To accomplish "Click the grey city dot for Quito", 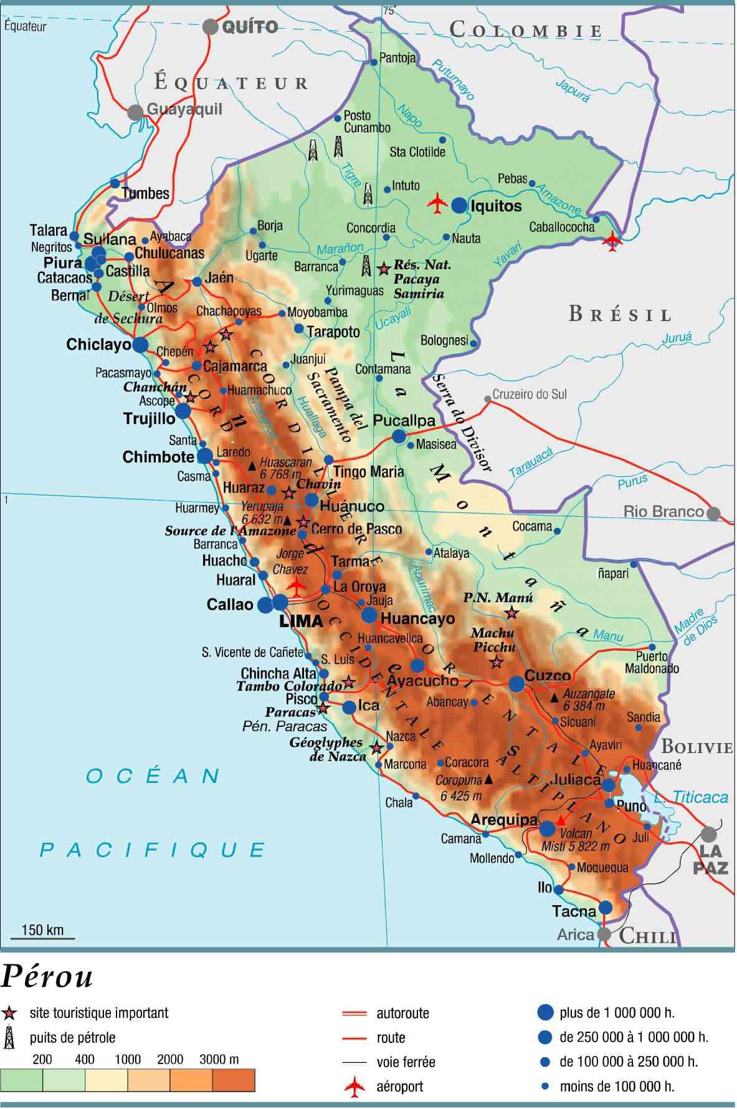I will [211, 26].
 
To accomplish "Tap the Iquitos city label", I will [496, 206].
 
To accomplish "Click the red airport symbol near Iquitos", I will [438, 203].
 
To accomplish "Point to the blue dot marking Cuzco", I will [516, 684].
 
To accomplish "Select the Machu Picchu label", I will [493, 640].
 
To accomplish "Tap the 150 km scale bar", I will [42, 938].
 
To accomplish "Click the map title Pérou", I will [47, 977].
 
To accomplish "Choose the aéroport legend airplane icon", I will [354, 1087].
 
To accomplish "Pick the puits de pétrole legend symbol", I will [9, 1038].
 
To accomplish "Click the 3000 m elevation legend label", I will [219, 1059].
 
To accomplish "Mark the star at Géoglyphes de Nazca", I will [376, 747].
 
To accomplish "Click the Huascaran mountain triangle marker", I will [252, 466].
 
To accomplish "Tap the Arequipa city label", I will [504, 820].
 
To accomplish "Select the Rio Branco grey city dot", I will [713, 514].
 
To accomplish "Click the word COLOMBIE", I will [526, 30].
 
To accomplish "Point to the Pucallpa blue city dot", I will [399, 436].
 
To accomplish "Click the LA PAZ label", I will [710, 859].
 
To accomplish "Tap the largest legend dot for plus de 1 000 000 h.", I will [545, 1012].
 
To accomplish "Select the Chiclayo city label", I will [98, 344].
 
